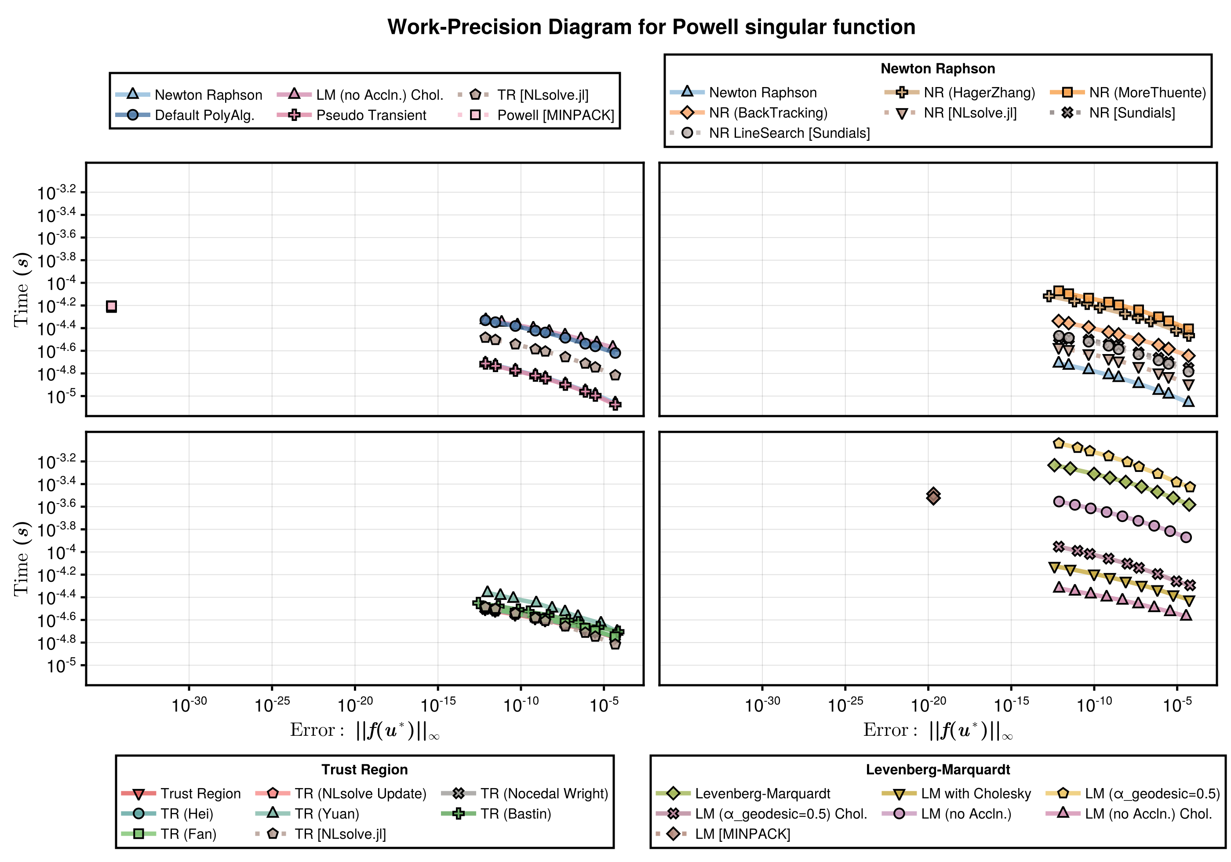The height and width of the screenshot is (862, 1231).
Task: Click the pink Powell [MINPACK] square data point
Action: point(111,306)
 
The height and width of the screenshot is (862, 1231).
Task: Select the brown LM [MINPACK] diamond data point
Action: point(933,497)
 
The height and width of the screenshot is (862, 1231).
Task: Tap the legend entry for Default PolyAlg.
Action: point(204,115)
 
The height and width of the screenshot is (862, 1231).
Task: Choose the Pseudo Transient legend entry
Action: point(371,115)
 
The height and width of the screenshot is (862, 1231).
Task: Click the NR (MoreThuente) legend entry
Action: point(1147,93)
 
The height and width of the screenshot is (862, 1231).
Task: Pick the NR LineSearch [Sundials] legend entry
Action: point(789,133)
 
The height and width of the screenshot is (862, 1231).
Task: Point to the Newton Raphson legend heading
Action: point(937,69)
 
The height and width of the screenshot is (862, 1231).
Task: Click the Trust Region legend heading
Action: point(364,769)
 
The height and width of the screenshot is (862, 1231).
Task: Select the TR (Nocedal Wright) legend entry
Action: point(544,793)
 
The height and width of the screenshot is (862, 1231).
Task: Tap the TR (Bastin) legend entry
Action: point(515,814)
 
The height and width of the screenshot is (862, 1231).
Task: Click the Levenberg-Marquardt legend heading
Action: point(937,769)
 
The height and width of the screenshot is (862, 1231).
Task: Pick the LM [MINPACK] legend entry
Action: point(742,834)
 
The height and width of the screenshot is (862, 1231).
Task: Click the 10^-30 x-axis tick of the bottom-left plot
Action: point(189,704)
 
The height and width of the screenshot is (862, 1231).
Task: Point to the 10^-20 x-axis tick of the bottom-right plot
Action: point(928,704)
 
